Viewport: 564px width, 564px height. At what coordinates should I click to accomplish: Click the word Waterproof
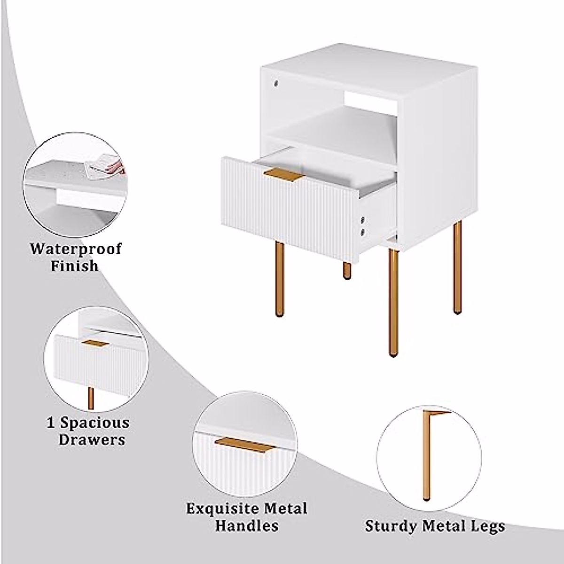pyautogui.click(x=76, y=249)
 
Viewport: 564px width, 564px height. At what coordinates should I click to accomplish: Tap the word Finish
pyautogui.click(x=75, y=266)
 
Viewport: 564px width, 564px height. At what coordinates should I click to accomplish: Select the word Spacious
pyautogui.click(x=94, y=423)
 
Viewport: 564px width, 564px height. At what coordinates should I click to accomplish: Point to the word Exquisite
pyautogui.click(x=223, y=509)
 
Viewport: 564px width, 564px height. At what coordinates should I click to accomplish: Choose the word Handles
pyautogui.click(x=247, y=525)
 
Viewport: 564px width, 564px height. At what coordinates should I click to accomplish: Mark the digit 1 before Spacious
pyautogui.click(x=51, y=423)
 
